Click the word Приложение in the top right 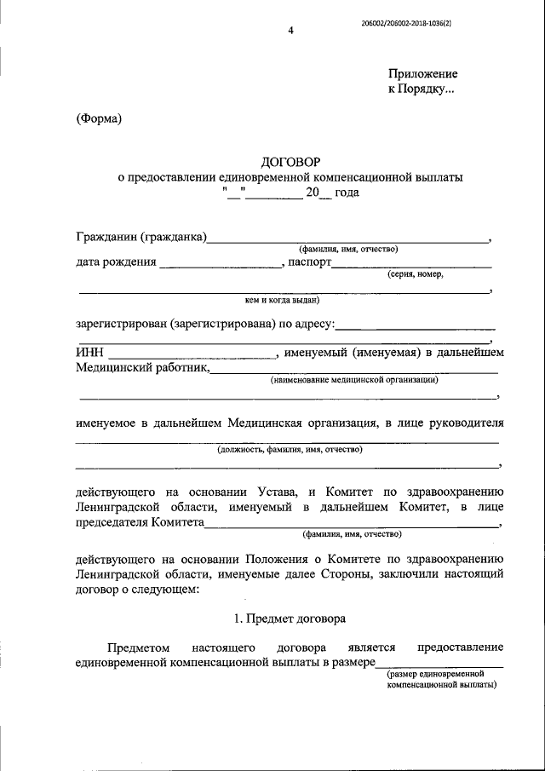point(423,74)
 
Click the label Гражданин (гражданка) point(141,236)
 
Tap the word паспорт point(308,262)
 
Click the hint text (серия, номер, point(414,274)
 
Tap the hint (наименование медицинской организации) point(354,380)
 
